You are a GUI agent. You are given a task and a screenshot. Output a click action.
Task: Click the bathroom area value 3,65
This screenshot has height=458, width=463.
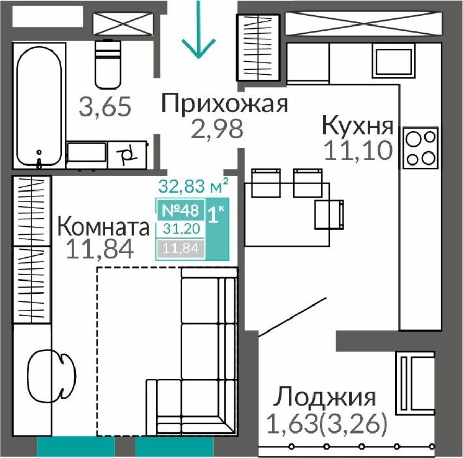coord(104,107)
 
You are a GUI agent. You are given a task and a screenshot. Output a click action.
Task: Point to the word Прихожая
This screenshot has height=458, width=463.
coord(224,104)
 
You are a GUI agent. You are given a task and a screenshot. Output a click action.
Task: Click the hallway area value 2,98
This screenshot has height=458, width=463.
coord(217,129)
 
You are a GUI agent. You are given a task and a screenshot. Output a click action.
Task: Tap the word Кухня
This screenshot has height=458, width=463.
coord(357,126)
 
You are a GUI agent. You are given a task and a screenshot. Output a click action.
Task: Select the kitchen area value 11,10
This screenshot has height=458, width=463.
coord(357,151)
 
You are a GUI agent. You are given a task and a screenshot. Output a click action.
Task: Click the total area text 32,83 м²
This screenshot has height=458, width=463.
coord(193,185)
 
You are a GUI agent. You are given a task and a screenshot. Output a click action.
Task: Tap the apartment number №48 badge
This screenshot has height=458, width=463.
coord(180,210)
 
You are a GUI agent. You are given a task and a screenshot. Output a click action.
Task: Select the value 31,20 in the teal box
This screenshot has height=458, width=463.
coord(180,228)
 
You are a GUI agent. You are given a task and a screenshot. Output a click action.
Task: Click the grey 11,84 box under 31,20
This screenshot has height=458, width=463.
coord(180,248)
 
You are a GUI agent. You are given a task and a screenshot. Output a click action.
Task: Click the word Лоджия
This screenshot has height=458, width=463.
coord(326,397)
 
